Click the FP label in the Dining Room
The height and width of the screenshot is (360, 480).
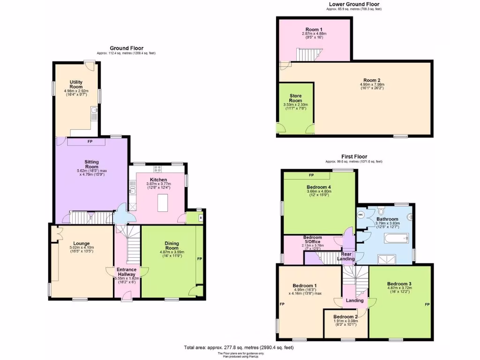point(199,258)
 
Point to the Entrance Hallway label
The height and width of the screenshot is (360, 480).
point(126,272)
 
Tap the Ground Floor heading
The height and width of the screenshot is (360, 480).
point(127,48)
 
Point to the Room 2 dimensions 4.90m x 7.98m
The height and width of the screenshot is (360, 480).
point(372,84)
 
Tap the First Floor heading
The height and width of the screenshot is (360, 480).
point(354,157)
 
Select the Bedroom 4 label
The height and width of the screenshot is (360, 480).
point(319,187)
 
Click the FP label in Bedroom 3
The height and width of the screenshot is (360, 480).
point(427,305)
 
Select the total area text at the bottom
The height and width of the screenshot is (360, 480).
point(239,347)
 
